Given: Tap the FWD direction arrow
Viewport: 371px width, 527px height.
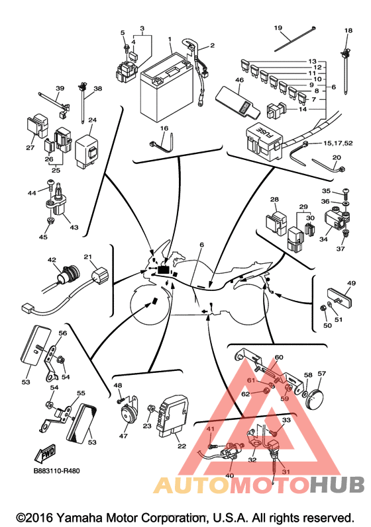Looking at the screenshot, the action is [45, 454].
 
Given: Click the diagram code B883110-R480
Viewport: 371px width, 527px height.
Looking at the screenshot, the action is [56, 471].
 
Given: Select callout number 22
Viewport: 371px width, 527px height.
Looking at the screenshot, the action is [182, 446].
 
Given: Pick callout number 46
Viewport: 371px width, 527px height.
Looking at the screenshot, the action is [239, 80].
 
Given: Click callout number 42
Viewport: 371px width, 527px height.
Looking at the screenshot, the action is [52, 260].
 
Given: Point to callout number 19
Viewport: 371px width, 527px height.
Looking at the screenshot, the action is [278, 28].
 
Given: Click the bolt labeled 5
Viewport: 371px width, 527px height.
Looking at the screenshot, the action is [127, 48].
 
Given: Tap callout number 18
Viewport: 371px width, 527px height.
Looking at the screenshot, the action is [348, 30].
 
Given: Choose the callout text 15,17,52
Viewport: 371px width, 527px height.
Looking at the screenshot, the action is [338, 143].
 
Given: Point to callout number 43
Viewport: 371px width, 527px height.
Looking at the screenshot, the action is [74, 227].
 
